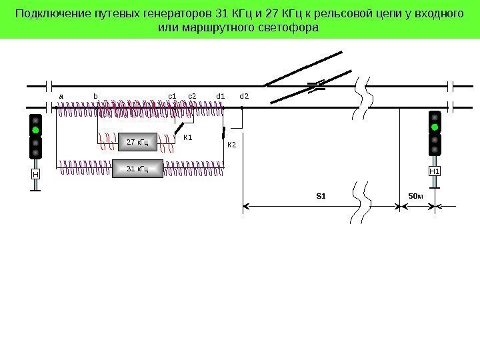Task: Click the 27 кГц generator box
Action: [137, 142]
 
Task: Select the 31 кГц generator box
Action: [137, 169]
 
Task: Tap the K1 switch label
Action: [187, 138]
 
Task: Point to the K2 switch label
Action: [232, 145]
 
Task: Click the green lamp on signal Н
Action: [35, 131]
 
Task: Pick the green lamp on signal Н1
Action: [435, 127]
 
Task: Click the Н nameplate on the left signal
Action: [35, 175]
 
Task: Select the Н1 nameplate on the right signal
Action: [435, 171]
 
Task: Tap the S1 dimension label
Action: [321, 196]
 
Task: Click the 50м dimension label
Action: [416, 196]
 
